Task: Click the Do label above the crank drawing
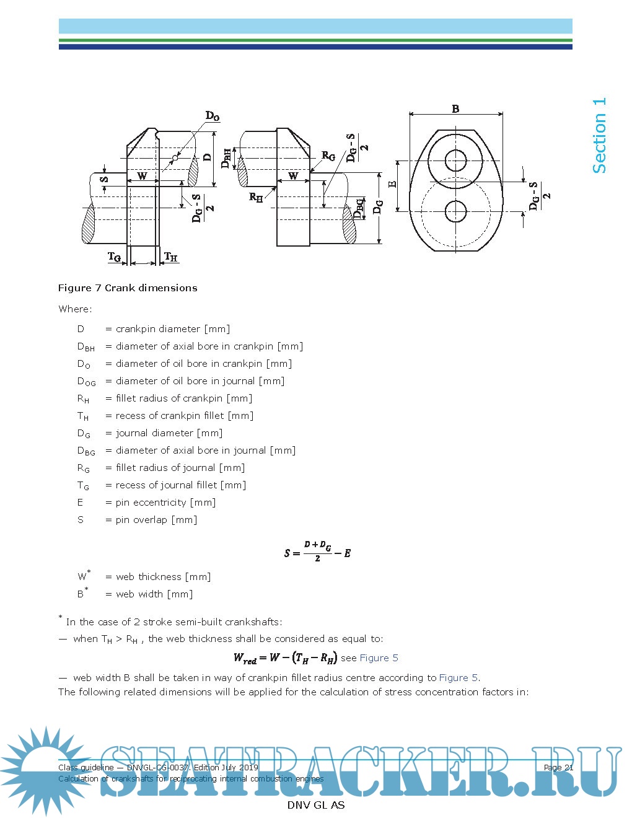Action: [213, 116]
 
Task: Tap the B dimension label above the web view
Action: [455, 109]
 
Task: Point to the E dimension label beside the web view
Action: [392, 185]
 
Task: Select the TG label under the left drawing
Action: [115, 257]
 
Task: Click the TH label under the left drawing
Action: [170, 257]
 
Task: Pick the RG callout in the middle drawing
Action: [328, 156]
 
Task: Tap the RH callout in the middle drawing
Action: [255, 197]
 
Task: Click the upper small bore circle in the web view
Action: [455, 160]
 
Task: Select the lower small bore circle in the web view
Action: [455, 211]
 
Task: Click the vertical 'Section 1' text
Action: [599, 135]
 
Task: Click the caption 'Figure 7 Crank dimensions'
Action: [128, 288]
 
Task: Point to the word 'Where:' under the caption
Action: [75, 309]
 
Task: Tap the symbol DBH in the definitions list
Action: [86, 347]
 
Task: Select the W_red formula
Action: [285, 657]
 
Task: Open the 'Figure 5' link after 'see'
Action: [379, 658]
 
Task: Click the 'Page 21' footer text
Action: [558, 767]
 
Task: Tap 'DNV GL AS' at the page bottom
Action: [315, 805]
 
